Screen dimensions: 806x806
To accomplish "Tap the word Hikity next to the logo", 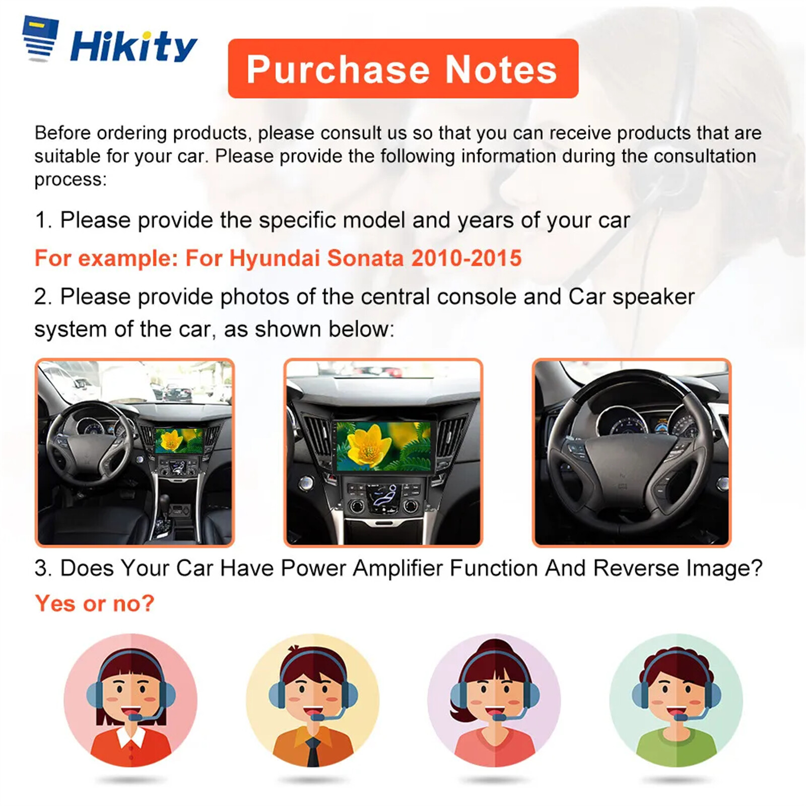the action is coord(133,46).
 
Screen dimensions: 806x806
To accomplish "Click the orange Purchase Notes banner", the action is coord(403,69).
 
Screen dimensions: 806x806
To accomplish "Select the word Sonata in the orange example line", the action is coord(366,258).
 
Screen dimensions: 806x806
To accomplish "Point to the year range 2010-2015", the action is coord(466,258).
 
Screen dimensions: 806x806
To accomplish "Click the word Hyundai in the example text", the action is coord(275,259).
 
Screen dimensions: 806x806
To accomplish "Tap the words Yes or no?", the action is coord(95,603).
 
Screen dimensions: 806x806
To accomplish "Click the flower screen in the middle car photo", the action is coord(384,446).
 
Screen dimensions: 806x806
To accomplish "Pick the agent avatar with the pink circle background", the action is coord(130,700).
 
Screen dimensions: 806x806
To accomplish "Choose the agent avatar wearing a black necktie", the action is coord(312,700).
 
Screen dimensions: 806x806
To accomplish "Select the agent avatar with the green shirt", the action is coord(676,700).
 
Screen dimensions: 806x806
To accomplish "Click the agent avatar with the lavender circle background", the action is coord(494,700).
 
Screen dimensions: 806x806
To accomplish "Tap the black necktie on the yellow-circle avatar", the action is coord(313,751).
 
